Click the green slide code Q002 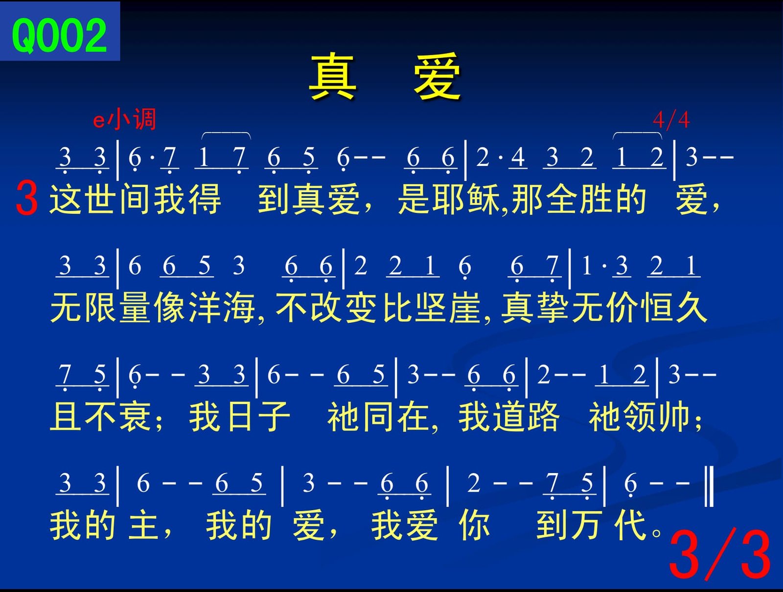point(59,36)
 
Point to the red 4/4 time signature point(671,120)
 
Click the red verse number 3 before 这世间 point(27,198)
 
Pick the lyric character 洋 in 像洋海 point(205,308)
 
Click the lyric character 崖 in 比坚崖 point(465,308)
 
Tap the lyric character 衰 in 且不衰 point(135,416)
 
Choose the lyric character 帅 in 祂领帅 point(674,416)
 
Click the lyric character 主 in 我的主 point(143,525)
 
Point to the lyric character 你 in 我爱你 point(474,525)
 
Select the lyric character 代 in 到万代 point(630,525)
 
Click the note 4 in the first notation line point(518,157)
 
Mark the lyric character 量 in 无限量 point(135,308)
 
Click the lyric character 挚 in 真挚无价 point(553,308)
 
